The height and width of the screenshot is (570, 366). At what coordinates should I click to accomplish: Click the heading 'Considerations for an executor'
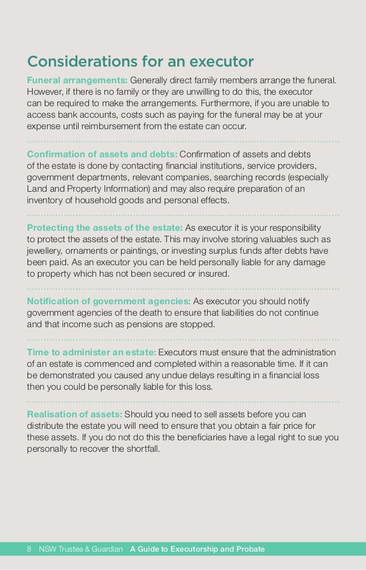(141, 61)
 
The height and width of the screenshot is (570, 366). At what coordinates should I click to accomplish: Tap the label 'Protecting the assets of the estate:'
(105, 227)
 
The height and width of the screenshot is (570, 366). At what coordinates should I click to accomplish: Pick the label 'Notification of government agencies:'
(109, 301)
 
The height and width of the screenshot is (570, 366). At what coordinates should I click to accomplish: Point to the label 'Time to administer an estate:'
(91, 352)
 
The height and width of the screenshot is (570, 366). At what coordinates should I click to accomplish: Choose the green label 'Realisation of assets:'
(75, 414)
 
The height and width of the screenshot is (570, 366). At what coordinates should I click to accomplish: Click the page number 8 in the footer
(30, 549)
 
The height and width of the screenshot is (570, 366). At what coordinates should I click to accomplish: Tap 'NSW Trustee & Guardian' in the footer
(81, 549)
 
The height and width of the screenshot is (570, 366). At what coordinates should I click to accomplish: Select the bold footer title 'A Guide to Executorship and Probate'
(197, 549)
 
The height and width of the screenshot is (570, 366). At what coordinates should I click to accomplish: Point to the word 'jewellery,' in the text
(46, 250)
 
